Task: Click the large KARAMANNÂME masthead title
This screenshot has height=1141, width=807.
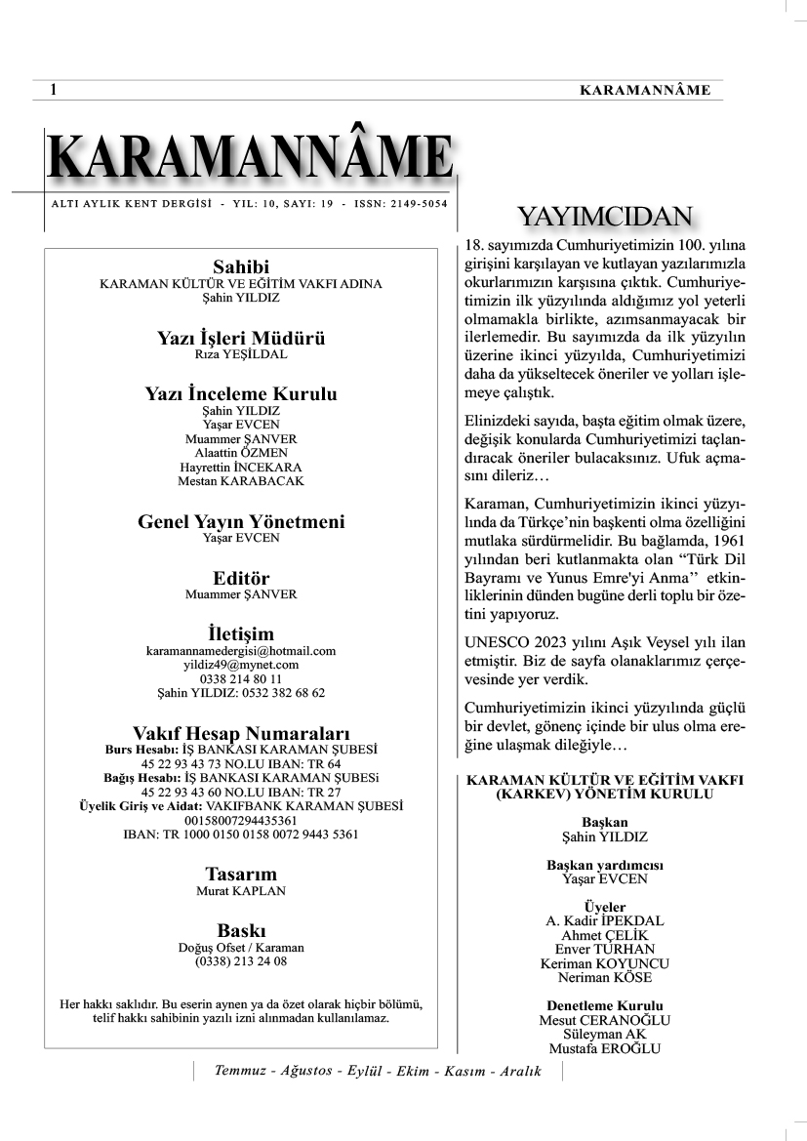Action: [249, 158]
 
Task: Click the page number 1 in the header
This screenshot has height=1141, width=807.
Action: [53, 90]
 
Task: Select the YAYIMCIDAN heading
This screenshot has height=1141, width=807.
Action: [605, 216]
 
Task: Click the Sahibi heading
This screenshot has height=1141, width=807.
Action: [241, 267]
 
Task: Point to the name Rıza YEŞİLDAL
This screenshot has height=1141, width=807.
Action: [241, 355]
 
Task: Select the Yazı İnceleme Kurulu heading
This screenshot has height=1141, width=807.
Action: [241, 394]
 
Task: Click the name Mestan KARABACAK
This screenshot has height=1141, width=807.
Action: [241, 481]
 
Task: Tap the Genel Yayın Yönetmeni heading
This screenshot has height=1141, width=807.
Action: [241, 522]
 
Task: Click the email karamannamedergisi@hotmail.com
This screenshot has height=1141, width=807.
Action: [241, 651]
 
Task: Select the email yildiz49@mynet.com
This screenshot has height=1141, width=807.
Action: [241, 665]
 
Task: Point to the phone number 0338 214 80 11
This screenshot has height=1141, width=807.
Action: [241, 678]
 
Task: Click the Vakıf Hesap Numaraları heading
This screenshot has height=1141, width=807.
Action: [241, 733]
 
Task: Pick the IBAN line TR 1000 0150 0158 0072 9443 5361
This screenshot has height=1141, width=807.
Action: [241, 835]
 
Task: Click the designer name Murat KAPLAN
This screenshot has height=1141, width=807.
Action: [241, 890]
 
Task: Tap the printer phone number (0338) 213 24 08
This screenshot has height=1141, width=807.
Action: [241, 961]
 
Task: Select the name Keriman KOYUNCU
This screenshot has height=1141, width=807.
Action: [605, 963]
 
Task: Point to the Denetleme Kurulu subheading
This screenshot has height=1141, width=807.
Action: [605, 1006]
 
